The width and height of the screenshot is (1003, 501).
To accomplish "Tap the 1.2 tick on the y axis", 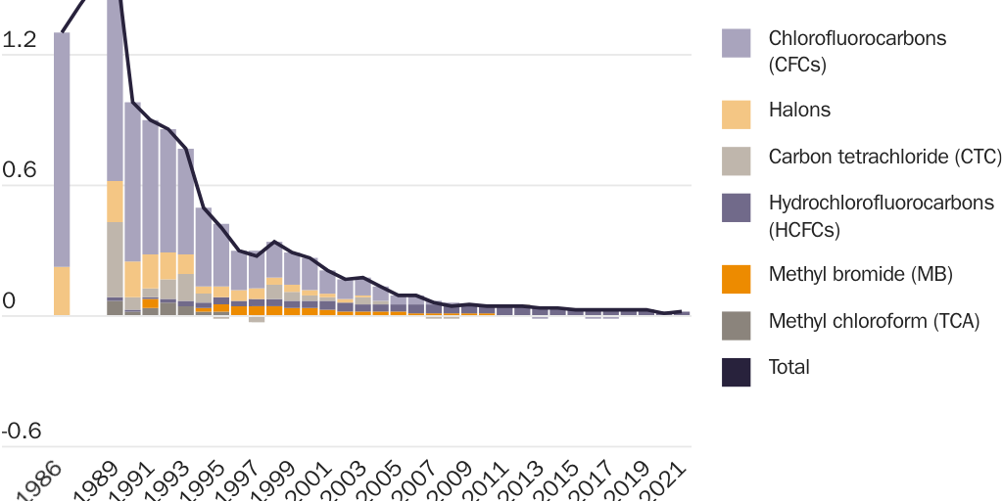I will (x=20, y=40).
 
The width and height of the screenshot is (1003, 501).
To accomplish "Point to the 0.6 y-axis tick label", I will (x=20, y=170).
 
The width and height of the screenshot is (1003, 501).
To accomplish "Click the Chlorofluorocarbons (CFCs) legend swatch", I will (x=736, y=43).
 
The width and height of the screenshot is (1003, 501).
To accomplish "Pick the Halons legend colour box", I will (x=736, y=114).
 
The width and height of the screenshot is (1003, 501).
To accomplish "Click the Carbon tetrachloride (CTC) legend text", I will (x=884, y=157).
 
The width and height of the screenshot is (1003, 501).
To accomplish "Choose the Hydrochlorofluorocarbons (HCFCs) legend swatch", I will (x=736, y=207).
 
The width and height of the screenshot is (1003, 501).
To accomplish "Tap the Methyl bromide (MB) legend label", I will (x=860, y=273).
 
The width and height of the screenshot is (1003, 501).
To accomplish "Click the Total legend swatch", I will (x=736, y=372).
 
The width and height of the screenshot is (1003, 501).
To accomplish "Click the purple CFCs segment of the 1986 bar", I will (x=62, y=147).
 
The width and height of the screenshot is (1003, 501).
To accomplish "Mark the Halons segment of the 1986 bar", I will (x=62, y=291).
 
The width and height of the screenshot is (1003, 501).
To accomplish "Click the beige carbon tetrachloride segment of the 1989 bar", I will (x=115, y=258).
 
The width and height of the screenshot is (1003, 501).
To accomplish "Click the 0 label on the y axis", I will (x=10, y=301).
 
